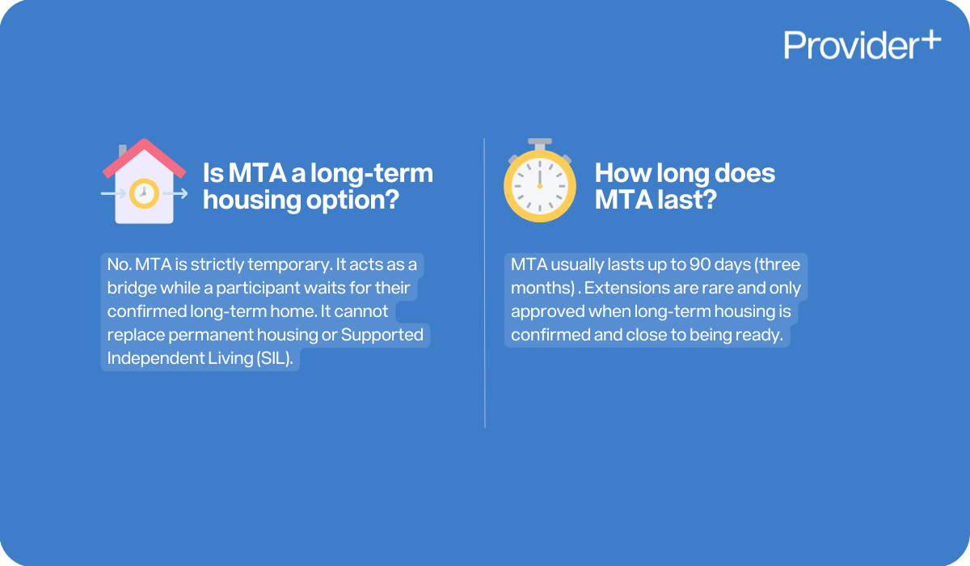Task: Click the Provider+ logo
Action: point(862,44)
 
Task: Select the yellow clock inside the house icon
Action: point(144,193)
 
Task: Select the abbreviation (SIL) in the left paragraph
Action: point(276,358)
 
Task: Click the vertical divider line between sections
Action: point(485,283)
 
